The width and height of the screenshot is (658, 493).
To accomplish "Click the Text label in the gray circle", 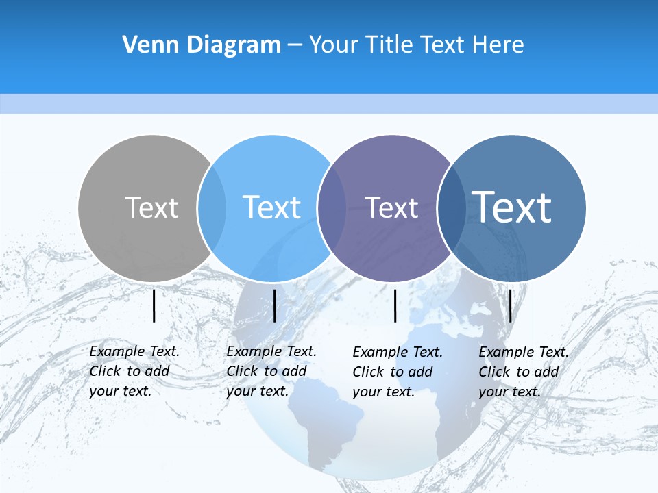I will point(151,207).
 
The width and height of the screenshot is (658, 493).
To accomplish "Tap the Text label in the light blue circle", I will point(271,207).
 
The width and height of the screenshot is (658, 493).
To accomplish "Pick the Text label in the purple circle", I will point(391,207).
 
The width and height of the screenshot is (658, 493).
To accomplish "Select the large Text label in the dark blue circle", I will point(512,207).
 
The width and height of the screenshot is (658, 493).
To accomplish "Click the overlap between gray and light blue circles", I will point(212,208).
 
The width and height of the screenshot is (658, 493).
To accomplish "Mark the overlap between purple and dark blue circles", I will point(450,208).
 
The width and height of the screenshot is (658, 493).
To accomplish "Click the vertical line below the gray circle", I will point(154,305).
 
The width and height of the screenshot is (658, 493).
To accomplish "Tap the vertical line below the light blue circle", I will point(274,305).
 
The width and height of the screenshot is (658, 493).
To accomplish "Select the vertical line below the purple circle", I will point(395,305).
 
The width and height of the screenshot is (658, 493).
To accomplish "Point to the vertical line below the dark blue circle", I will point(510,305).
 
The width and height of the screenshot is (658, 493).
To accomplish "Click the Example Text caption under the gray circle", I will point(134,371).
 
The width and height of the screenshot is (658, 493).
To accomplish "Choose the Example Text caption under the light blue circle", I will point(271,371).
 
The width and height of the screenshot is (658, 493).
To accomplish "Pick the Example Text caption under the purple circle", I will point(397,372).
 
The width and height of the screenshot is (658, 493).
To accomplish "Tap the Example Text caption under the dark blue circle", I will point(523,372).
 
